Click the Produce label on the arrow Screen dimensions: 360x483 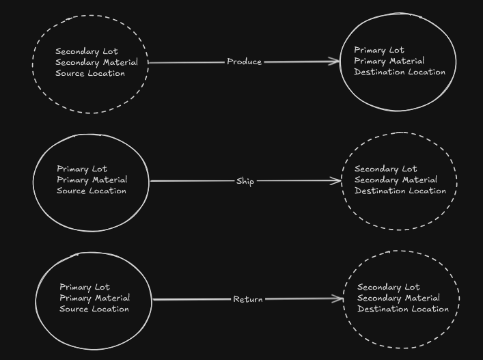(245, 62)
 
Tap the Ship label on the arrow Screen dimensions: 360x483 (245, 182)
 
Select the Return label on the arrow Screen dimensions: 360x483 (248, 299)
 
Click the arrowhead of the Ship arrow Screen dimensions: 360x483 (337, 181)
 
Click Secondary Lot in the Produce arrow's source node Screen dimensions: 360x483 (86, 51)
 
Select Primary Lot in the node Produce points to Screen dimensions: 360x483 (379, 50)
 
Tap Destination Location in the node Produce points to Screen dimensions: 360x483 (400, 72)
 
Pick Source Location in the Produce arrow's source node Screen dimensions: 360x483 (90, 73)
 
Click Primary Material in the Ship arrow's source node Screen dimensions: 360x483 (92, 180)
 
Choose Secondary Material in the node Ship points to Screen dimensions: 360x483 (396, 180)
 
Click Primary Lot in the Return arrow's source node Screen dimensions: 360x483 (85, 287)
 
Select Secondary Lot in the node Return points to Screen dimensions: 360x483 (389, 287)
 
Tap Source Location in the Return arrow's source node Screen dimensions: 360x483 (94, 309)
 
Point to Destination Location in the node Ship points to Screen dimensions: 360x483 (400, 191)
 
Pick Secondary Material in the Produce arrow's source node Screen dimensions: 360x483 (96, 62)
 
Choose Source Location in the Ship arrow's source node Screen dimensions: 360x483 (92, 191)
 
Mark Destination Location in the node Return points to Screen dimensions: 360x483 (403, 309)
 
